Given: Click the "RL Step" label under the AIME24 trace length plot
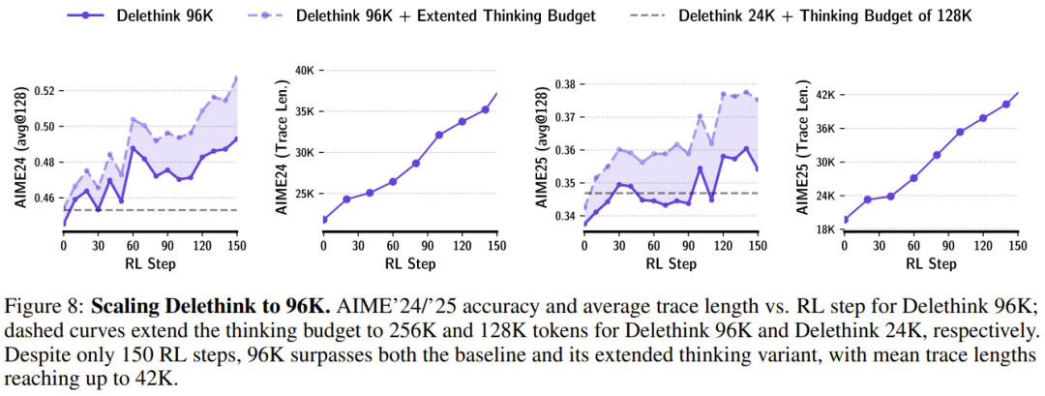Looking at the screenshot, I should [x=407, y=262].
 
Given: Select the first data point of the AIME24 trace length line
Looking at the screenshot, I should [x=324, y=220].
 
